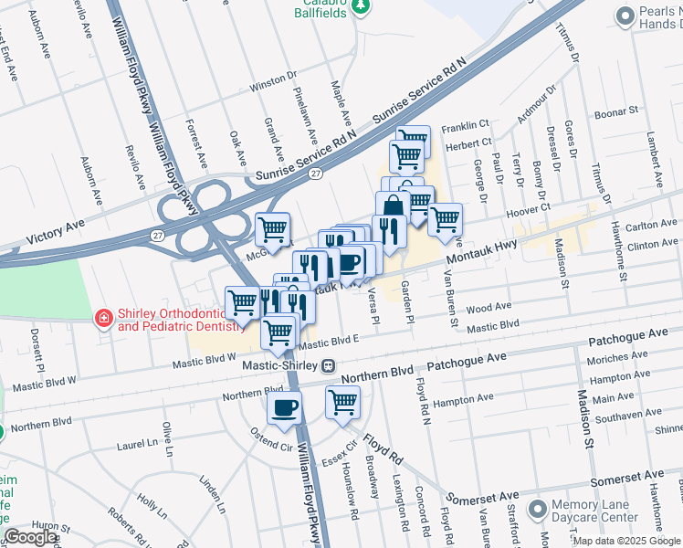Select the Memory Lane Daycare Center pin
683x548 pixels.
click(537, 508)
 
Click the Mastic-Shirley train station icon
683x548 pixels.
click(328, 365)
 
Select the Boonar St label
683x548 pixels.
click(617, 112)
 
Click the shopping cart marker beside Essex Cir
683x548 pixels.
click(342, 401)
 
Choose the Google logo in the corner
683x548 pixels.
click(30, 537)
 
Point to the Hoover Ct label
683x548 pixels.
click(525, 210)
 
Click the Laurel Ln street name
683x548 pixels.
click(137, 447)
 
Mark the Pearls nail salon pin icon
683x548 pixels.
click(625, 16)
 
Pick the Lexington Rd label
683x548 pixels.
click(401, 505)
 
